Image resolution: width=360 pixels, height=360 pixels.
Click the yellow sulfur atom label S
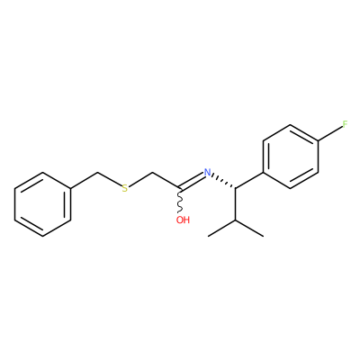125,189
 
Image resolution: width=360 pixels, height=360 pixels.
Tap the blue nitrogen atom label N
207,173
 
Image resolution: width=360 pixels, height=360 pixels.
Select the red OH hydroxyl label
183,220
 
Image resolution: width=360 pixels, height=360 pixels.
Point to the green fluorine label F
346,124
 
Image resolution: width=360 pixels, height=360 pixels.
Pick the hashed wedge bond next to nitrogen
223,181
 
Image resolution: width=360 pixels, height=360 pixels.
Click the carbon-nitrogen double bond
192,181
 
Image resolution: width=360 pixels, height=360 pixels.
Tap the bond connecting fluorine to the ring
330,133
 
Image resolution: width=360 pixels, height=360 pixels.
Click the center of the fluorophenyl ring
291,157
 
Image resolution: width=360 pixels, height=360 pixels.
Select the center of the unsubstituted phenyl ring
43,204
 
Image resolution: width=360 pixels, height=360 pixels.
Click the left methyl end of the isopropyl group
209,236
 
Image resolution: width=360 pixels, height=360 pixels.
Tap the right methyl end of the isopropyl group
264,236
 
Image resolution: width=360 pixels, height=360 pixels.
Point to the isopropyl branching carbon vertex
236,220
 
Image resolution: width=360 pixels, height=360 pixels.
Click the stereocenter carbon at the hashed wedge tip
236,188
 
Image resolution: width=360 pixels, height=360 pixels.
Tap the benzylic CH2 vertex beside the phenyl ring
97,173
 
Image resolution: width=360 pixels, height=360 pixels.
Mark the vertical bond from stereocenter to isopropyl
236,204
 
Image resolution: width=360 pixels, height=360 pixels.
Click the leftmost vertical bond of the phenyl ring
14,204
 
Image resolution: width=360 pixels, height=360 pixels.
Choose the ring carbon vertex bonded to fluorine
319,140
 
